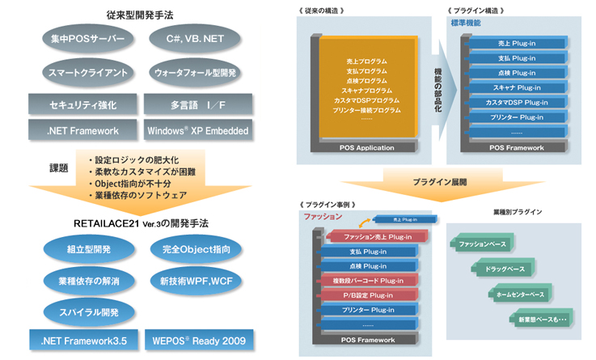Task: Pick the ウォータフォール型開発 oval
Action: pos(194,72)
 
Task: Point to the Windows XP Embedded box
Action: pos(194,129)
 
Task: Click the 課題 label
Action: pos(57,167)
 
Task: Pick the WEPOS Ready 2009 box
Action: pos(194,340)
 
